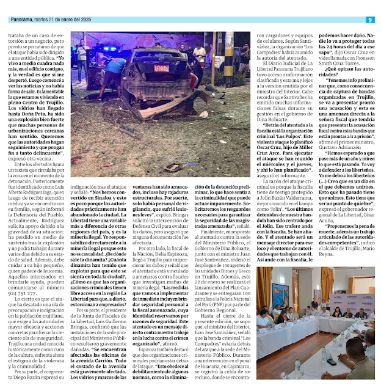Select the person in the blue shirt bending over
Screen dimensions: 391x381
pos(120,64)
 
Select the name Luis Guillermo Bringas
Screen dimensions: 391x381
pos(149,295)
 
